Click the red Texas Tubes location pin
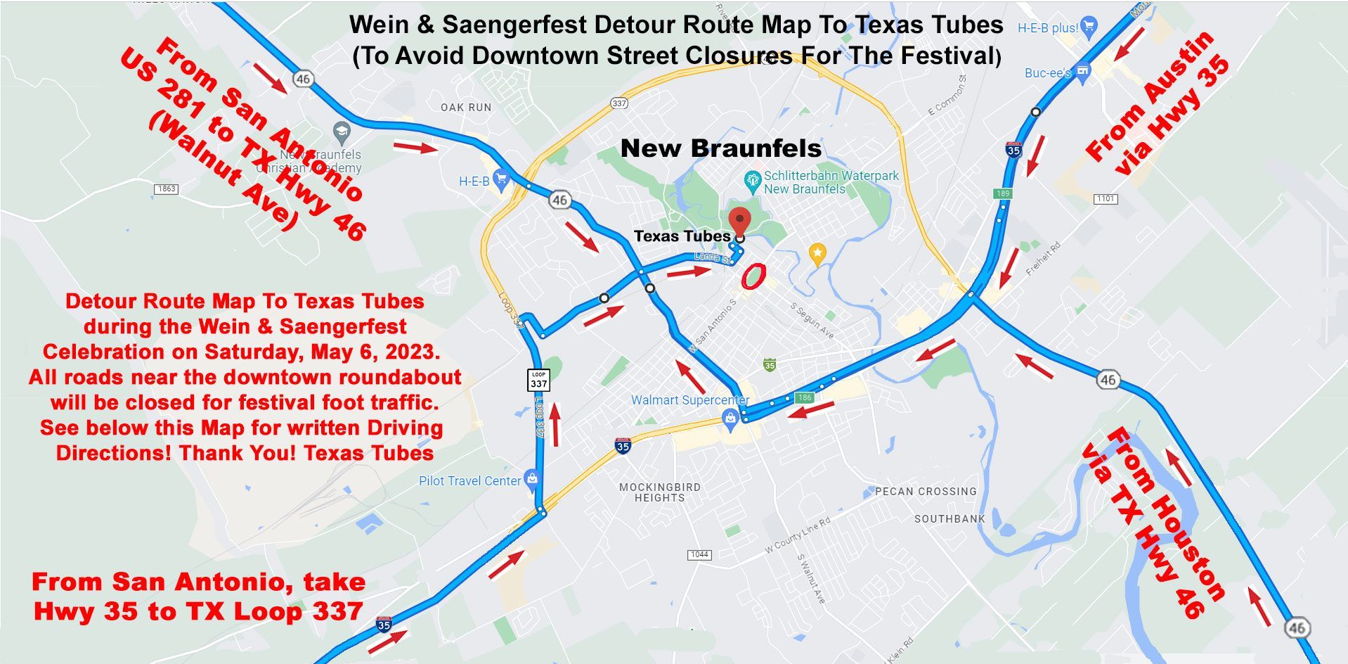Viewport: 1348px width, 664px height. pos(739,220)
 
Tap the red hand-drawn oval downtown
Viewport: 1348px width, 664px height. pos(752,276)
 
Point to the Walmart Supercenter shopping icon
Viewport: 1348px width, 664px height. pos(730,420)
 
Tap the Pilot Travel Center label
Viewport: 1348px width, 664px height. pos(469,481)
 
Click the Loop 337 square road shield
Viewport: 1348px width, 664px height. pos(538,380)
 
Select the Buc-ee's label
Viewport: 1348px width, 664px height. pos(1047,72)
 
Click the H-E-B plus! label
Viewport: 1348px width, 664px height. pos(1048,28)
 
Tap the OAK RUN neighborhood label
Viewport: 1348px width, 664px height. pos(466,108)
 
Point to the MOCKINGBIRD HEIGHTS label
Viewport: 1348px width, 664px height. pos(659,492)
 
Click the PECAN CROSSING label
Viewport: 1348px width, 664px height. pos(926,492)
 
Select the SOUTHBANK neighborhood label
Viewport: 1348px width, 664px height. pos(950,519)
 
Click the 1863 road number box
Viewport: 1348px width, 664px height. pos(167,189)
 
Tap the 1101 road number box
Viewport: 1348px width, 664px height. pos(1106,198)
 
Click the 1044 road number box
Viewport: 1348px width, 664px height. pos(699,554)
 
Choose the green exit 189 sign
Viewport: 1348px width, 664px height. pos(1002,193)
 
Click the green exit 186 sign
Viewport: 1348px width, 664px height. pos(804,397)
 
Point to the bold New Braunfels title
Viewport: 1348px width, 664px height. pos(721,148)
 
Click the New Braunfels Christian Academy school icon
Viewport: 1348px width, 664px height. pos(342,131)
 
